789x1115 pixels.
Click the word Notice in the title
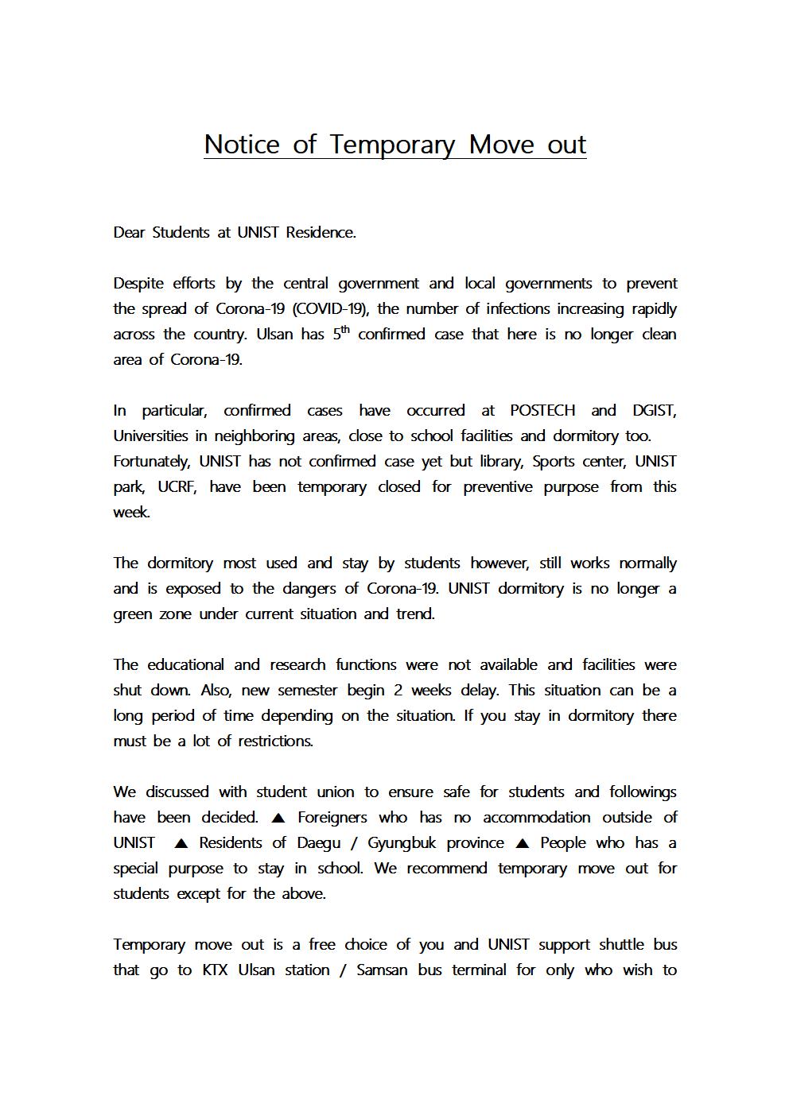(x=242, y=145)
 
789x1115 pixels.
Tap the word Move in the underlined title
(x=501, y=145)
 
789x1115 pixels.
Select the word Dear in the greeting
(x=129, y=233)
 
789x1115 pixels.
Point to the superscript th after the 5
(x=345, y=329)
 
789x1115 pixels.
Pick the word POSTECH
(x=542, y=411)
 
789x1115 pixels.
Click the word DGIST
(x=654, y=411)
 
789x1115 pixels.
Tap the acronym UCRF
(x=177, y=487)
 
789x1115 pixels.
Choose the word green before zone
(x=132, y=614)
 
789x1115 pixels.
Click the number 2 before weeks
(x=398, y=691)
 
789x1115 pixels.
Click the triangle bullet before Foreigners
(x=278, y=818)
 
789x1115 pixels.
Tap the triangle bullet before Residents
(x=181, y=843)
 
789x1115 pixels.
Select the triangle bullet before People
(x=523, y=843)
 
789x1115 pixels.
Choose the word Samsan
(x=382, y=970)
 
